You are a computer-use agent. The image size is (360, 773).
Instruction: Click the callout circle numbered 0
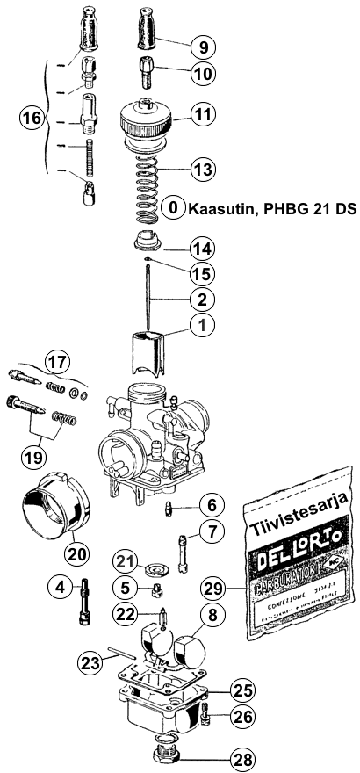pyautogui.click(x=174, y=207)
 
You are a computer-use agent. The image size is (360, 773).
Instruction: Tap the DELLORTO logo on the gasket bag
pyautogui.click(x=300, y=562)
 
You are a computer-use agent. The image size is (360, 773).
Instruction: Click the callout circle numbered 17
pyautogui.click(x=56, y=361)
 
